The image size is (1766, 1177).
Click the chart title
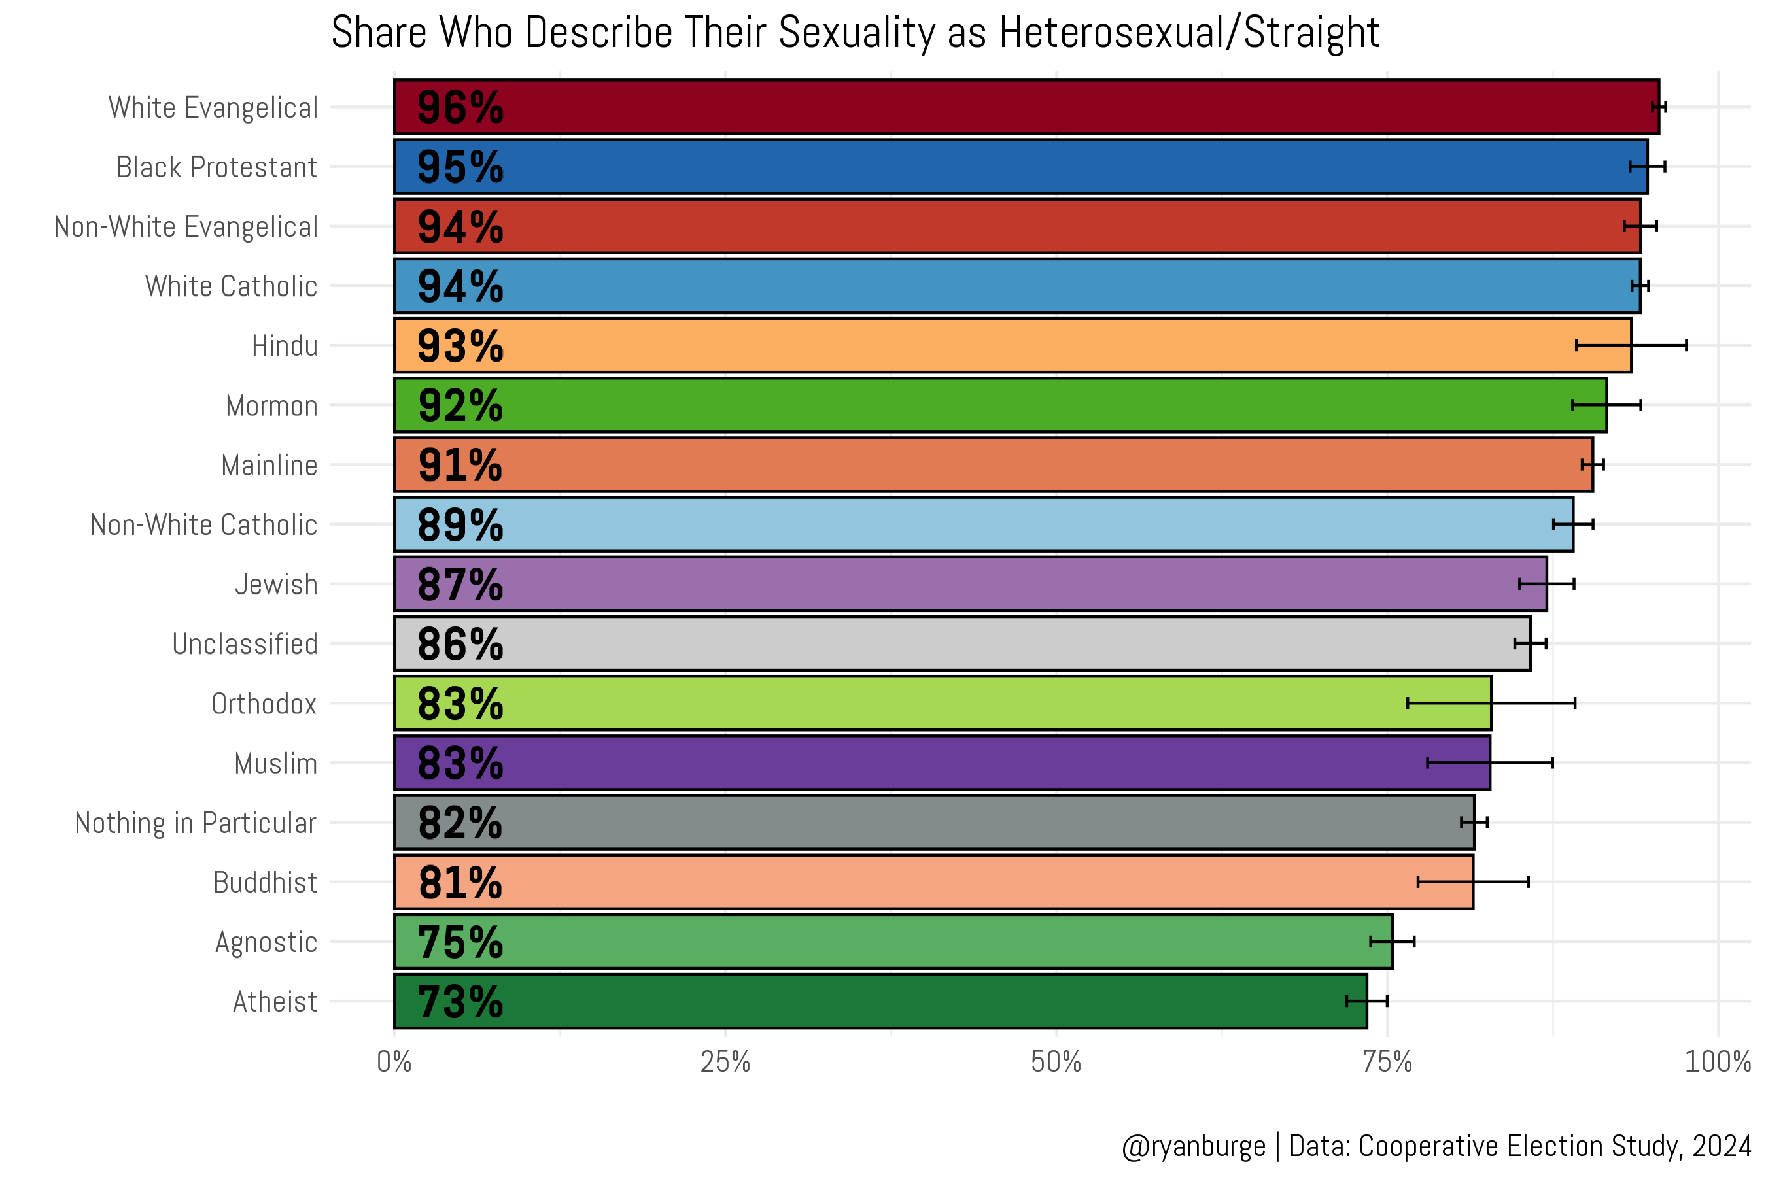pyautogui.click(x=856, y=33)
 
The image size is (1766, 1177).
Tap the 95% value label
pyautogui.click(x=460, y=167)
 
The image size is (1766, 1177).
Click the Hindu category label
pyautogui.click(x=285, y=346)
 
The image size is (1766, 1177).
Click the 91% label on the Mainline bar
pyautogui.click(x=460, y=466)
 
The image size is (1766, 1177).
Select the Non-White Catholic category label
pyautogui.click(x=203, y=524)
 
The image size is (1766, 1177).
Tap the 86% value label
pyautogui.click(x=460, y=644)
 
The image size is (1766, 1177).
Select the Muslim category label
pyautogui.click(x=275, y=763)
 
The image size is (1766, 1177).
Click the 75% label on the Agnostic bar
pyautogui.click(x=460, y=942)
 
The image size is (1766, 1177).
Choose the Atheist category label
pyautogui.click(x=275, y=1001)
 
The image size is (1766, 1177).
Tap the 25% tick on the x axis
pyautogui.click(x=725, y=1062)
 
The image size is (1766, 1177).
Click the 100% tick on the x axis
pyautogui.click(x=1717, y=1062)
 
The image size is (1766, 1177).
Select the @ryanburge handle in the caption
pyautogui.click(x=1193, y=1146)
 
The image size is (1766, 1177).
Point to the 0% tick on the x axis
pyautogui.click(x=394, y=1062)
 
